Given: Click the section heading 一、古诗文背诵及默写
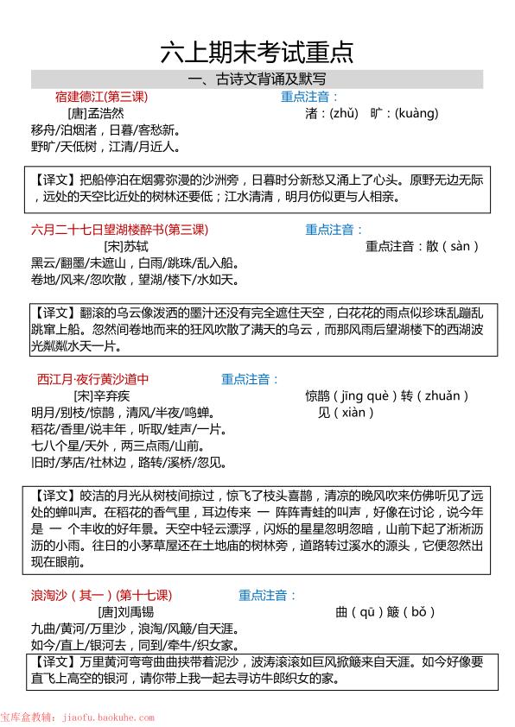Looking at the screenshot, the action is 257,80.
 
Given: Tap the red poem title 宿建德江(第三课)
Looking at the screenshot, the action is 102,97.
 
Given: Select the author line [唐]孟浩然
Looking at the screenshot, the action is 95,113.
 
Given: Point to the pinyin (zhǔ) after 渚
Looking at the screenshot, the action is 340,113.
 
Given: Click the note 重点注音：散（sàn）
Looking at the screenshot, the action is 422,246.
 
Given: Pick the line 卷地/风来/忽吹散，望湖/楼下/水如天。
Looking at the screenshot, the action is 134,280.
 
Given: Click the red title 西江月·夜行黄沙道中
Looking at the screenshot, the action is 93,379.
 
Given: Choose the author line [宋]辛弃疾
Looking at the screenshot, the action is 101,395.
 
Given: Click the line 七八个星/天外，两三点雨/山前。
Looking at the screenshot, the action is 118,446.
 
